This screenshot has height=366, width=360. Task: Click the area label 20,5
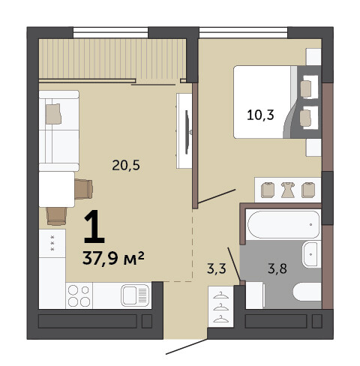[x=126, y=165]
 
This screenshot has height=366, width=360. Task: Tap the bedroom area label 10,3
[x=260, y=115]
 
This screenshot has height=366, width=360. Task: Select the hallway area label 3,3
[x=217, y=268]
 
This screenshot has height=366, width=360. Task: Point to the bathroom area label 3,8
[x=277, y=268]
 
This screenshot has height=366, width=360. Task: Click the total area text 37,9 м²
[x=113, y=258]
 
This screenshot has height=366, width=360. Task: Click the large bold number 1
[x=94, y=226]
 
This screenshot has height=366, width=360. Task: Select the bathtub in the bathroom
[x=283, y=224]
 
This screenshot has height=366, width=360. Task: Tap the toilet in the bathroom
[x=307, y=292]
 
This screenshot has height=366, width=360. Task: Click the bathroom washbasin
[x=311, y=254]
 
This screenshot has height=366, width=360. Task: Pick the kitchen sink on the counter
[x=135, y=295]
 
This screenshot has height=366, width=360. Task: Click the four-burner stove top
[x=79, y=295]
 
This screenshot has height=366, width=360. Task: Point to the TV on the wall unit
[x=187, y=132]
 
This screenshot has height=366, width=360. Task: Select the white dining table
[x=57, y=189]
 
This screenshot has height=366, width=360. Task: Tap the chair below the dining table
[x=56, y=217]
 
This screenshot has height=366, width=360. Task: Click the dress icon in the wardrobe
[x=288, y=190]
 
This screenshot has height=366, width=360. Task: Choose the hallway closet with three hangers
[x=220, y=307]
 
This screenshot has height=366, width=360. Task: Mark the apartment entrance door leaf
[x=187, y=346]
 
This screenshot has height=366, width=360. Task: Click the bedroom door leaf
[x=217, y=196]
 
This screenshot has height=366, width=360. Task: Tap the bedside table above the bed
[x=313, y=57]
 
